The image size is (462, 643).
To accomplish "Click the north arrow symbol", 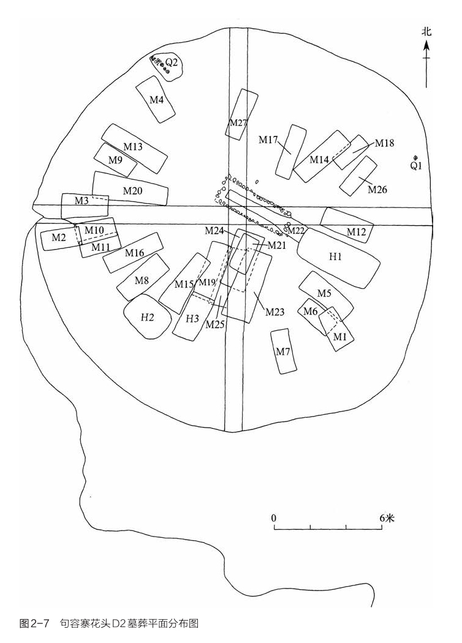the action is (426, 62).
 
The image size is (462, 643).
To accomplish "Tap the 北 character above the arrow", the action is (426, 32).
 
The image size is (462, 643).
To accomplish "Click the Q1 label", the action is (417, 166).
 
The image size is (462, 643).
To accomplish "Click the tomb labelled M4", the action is (156, 99).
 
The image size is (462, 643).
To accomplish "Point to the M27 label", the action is (238, 122).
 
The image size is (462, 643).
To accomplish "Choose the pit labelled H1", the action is (338, 258).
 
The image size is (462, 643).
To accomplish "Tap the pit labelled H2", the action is (148, 316).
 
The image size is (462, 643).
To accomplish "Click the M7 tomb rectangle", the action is (284, 351).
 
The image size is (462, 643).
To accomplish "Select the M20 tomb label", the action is (132, 191).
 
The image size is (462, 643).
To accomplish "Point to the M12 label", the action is (356, 232).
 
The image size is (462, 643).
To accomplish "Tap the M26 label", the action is (377, 190).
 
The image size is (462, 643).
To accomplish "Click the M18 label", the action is (384, 143).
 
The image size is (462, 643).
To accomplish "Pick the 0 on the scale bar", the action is (274, 518).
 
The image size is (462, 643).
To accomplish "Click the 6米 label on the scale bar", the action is (387, 518).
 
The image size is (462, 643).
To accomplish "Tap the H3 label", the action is (192, 319).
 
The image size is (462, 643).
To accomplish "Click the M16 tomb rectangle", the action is (132, 253).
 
